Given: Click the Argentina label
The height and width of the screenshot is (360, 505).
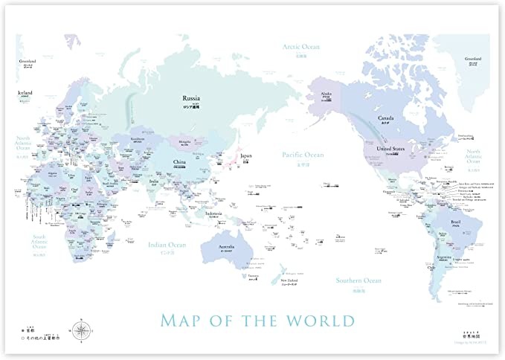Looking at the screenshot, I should pyautogui.click(x=432, y=255).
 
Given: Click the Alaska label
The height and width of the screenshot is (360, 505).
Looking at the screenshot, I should pyautogui.click(x=326, y=94).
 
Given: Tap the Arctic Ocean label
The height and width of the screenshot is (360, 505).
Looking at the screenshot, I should pyautogui.click(x=300, y=46).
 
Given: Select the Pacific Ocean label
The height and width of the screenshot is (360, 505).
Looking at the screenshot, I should pyautogui.click(x=303, y=155).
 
